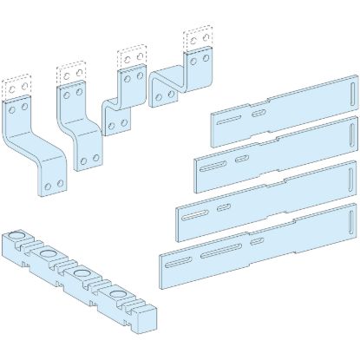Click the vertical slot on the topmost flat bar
350,90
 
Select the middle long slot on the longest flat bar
220,252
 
